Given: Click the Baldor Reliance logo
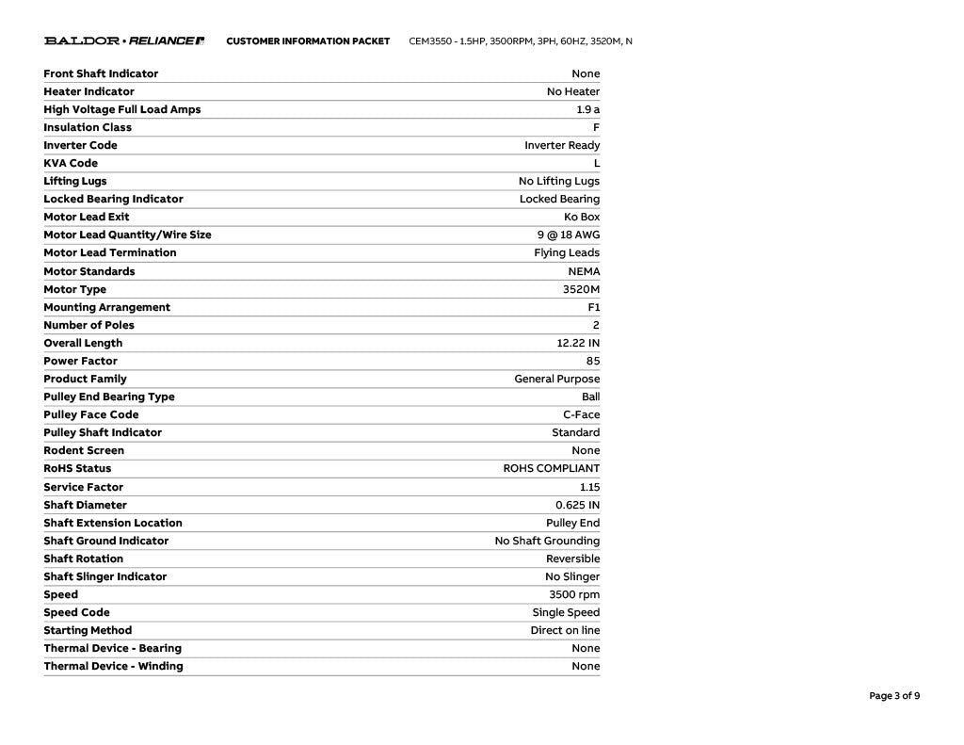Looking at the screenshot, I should tap(124, 41).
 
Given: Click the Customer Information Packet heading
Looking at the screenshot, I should tap(308, 41).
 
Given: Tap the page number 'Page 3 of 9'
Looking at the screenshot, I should tap(894, 696).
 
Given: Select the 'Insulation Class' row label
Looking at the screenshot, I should tap(88, 127).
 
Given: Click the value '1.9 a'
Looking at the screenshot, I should tap(587, 109).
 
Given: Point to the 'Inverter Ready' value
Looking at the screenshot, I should tap(562, 145).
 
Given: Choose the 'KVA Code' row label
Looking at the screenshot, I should tap(71, 163).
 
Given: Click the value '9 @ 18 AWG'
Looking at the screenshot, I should tap(569, 235).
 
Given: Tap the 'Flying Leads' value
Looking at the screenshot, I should tap(567, 252).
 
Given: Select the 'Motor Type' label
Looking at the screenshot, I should tap(74, 289).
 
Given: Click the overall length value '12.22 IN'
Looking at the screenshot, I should tap(578, 343).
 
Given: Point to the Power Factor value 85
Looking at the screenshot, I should tap(592, 361).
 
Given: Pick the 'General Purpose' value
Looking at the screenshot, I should tap(556, 379).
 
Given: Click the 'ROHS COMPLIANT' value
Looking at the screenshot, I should tap(551, 468).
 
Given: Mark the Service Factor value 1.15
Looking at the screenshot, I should tap(589, 487).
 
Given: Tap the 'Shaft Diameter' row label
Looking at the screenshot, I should tap(85, 505).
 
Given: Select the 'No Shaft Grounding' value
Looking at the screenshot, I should tap(547, 541).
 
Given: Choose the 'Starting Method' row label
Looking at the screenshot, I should tap(88, 630).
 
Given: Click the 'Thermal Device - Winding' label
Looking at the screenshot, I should tap(113, 666).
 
